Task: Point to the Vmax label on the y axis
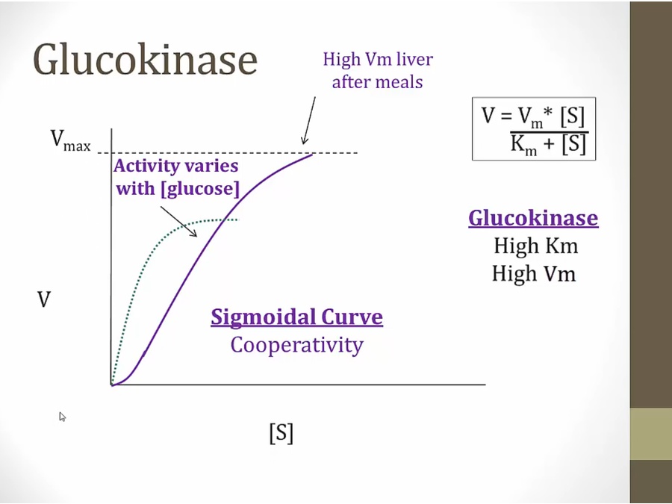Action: (x=70, y=140)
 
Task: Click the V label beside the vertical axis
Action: (x=44, y=300)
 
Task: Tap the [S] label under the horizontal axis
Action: (x=281, y=433)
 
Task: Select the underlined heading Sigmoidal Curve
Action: (x=296, y=317)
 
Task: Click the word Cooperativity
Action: (x=296, y=345)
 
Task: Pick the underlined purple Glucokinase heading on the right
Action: (x=533, y=218)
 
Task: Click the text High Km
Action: (x=535, y=246)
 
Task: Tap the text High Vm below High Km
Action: (x=534, y=273)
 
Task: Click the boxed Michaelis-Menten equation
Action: (x=533, y=128)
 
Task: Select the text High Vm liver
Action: (x=377, y=59)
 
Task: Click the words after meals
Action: (x=377, y=81)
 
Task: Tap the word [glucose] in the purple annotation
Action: (x=199, y=189)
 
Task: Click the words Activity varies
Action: (x=176, y=166)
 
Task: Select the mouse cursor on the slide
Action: (x=63, y=417)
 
